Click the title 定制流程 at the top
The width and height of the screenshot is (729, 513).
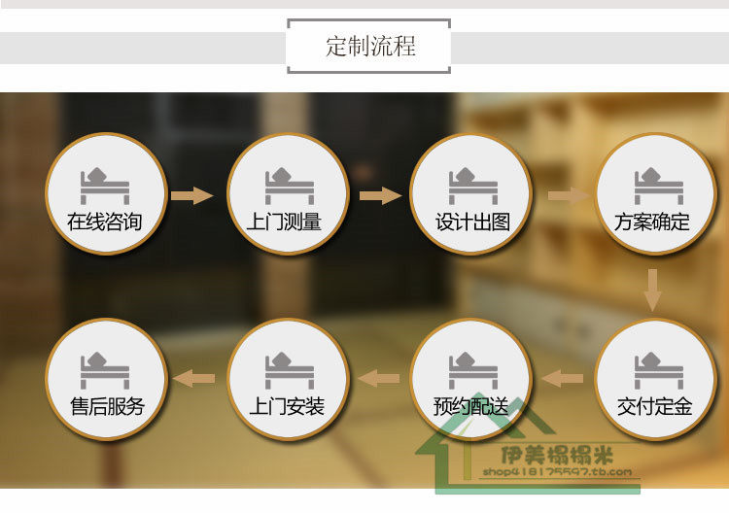(x=369, y=47)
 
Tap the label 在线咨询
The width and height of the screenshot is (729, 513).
(x=105, y=222)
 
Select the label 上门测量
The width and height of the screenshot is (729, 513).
(x=287, y=222)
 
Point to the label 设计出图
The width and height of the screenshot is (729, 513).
(x=472, y=222)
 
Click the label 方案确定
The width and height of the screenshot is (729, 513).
(x=652, y=222)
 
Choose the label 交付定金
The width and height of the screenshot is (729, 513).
(x=654, y=406)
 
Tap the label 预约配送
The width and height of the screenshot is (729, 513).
(x=471, y=406)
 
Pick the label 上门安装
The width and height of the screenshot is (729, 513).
(x=287, y=406)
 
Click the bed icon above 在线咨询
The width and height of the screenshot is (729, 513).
(x=104, y=186)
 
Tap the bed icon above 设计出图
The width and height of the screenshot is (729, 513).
(x=472, y=186)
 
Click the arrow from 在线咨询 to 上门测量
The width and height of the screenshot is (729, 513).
(x=191, y=196)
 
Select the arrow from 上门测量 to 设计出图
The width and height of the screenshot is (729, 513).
(x=380, y=196)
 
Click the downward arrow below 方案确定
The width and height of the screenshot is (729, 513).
(x=652, y=290)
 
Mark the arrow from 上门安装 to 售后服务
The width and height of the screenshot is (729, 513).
(x=193, y=378)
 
